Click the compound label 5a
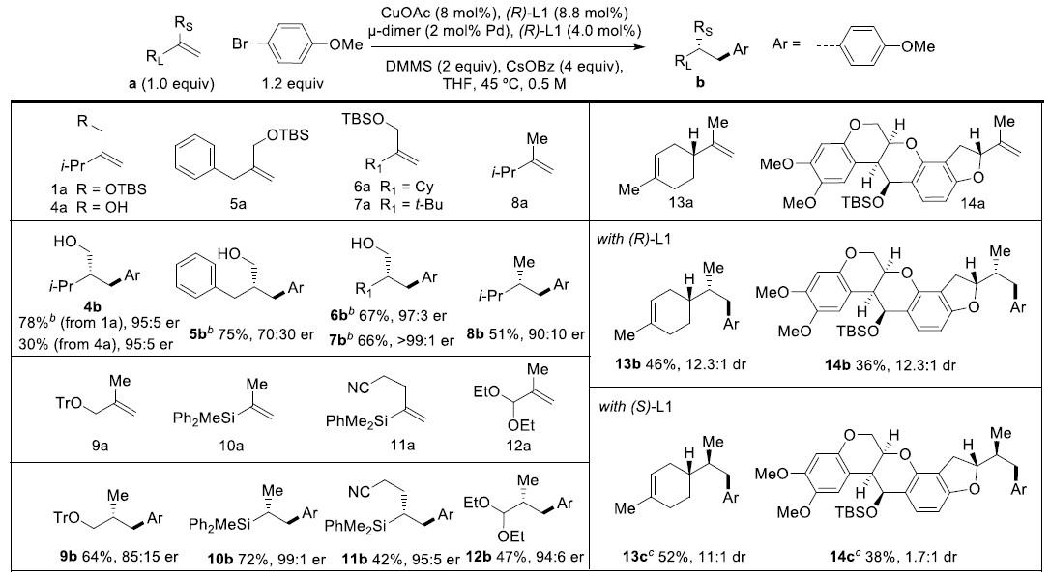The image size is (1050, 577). tap(238, 204)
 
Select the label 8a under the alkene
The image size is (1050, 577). tap(519, 203)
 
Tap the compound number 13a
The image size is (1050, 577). tap(681, 202)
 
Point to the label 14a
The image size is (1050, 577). tap(973, 203)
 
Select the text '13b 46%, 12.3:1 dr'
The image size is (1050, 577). tap(681, 364)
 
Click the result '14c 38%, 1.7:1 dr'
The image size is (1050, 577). tap(893, 556)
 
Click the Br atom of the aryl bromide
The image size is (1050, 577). tap(241, 44)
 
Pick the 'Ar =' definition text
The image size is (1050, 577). tap(786, 44)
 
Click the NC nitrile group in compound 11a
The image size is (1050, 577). tap(359, 388)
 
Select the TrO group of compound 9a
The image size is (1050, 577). tap(69, 404)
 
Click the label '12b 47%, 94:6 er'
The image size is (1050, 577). tap(524, 557)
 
